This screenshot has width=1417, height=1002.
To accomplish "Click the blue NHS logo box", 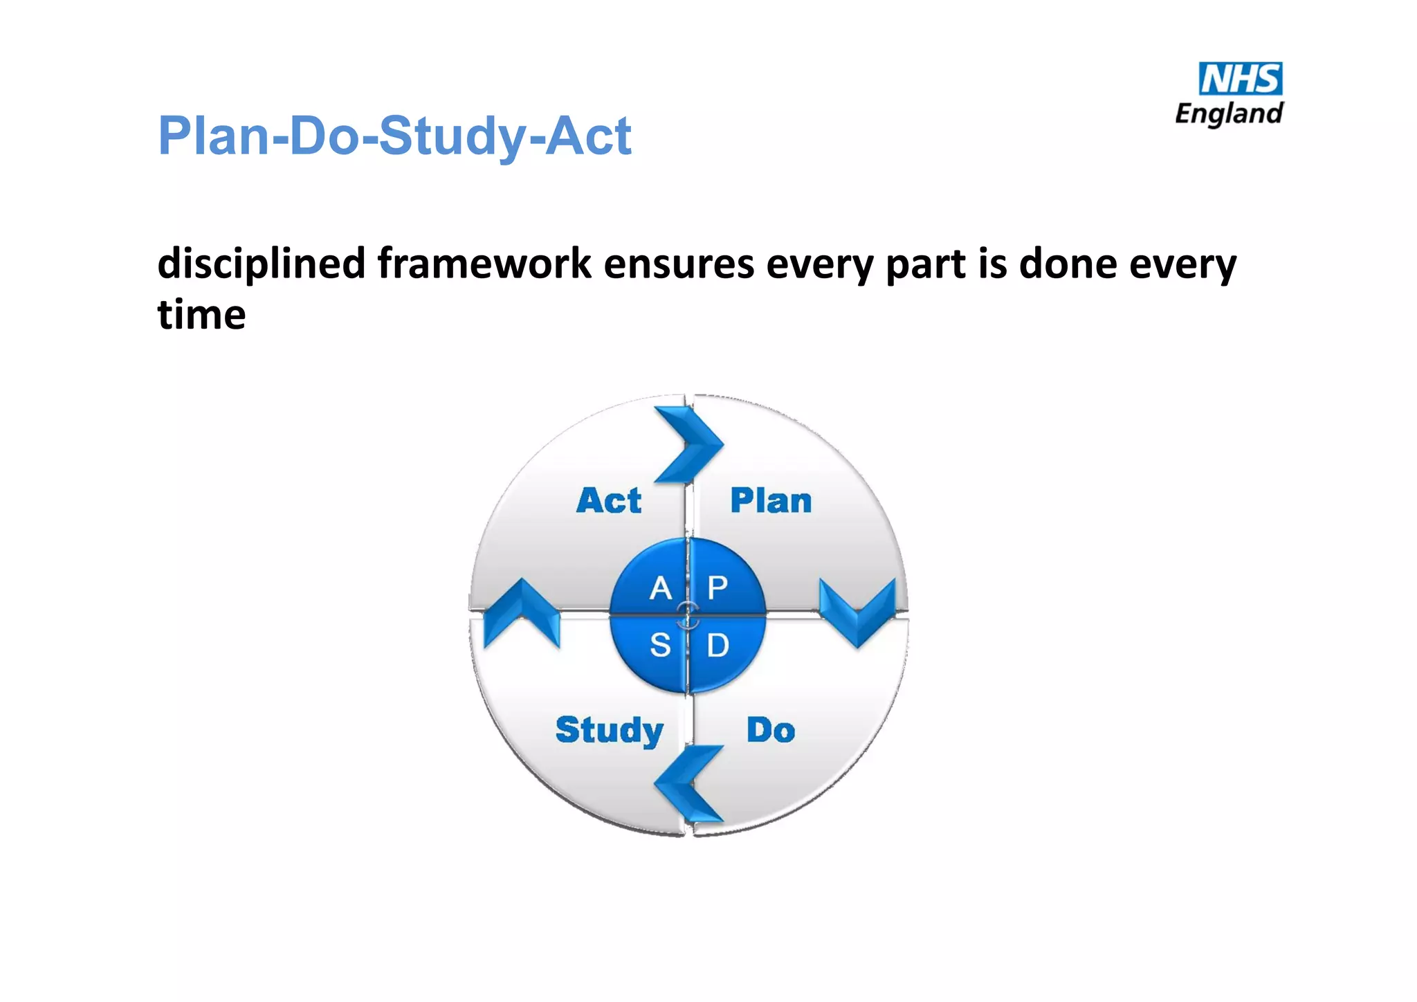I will (1240, 79).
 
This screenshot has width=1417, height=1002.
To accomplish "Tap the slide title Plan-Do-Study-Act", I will (394, 136).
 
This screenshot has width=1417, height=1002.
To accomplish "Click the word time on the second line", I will (201, 316).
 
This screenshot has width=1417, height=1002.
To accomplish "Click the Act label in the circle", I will (609, 500).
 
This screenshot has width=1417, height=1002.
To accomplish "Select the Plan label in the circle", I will (771, 500).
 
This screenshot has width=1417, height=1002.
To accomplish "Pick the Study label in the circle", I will (609, 731).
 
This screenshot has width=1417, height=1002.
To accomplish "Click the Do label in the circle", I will (771, 731).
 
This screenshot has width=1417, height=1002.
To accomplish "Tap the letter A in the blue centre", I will (661, 589).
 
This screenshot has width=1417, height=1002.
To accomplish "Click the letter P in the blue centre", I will (717, 589).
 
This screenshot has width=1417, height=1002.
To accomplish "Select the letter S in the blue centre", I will (660, 646).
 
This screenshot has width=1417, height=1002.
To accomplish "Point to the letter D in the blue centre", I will (717, 646).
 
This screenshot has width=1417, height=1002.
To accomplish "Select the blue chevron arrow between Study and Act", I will (520, 612).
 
